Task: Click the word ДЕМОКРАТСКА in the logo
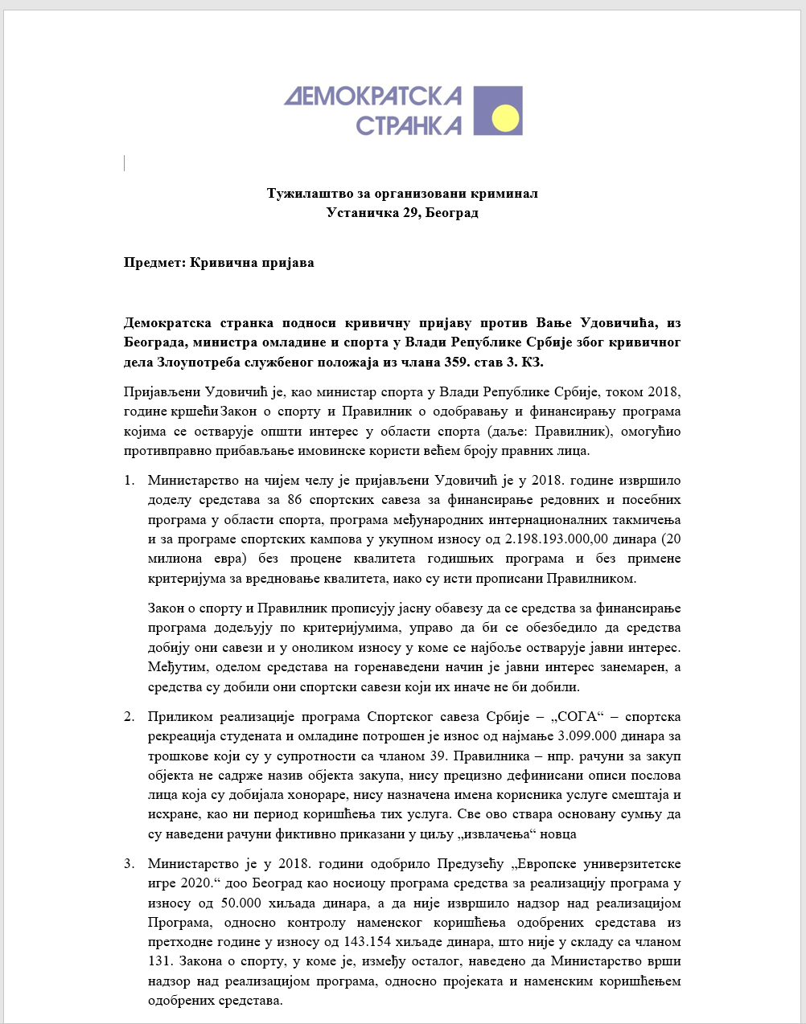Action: [372, 96]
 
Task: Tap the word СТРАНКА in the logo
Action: [408, 125]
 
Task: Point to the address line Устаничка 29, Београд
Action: [402, 213]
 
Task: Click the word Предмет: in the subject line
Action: [155, 263]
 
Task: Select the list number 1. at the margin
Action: [129, 481]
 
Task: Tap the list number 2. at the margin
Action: [129, 716]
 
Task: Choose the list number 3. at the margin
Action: [129, 864]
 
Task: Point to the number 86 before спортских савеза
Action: [295, 500]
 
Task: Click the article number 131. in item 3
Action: [160, 961]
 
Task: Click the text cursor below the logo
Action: [125, 164]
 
